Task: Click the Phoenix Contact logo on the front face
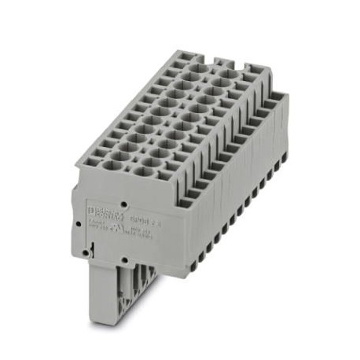click(101, 210)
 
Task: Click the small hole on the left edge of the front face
click(81, 223)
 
